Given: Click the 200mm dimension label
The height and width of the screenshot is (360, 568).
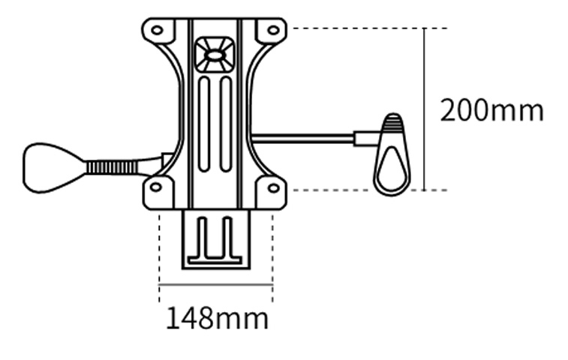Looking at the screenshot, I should tap(491, 111).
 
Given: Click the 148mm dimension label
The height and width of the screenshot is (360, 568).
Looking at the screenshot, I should tap(216, 319).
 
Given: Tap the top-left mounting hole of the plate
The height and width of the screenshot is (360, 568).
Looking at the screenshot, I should tap(157, 31).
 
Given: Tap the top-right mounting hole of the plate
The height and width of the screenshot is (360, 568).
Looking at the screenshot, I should tap(273, 30).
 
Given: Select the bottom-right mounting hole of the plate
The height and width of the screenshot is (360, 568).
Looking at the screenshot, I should tap(273, 187).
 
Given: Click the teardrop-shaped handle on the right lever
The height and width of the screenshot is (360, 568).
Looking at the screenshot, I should tap(392, 159).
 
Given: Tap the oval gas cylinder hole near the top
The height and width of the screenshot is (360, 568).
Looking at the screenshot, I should tap(215, 55).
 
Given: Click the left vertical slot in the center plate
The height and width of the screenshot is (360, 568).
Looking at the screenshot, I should tap(204, 124).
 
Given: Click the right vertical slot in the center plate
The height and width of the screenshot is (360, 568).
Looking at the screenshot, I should tap(225, 124).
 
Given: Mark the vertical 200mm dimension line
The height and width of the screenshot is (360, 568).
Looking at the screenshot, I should tap(425, 75).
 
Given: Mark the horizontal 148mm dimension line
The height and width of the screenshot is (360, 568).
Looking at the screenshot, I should tap(215, 285).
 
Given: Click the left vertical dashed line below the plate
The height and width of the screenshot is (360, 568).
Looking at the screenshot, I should tap(159, 247).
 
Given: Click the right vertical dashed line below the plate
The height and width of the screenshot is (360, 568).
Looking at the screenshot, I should tap(272, 247).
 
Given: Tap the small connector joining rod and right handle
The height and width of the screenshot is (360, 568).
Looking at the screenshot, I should tap(367, 139).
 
